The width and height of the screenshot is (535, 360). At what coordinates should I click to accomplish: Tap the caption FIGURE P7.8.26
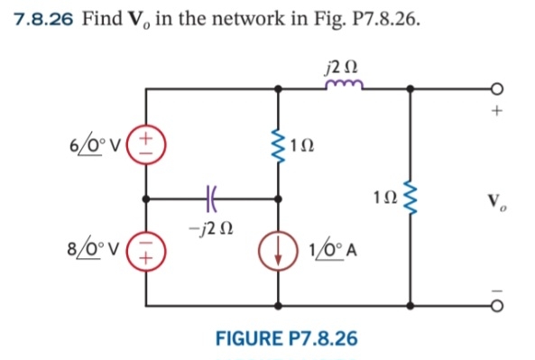click(286, 338)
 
